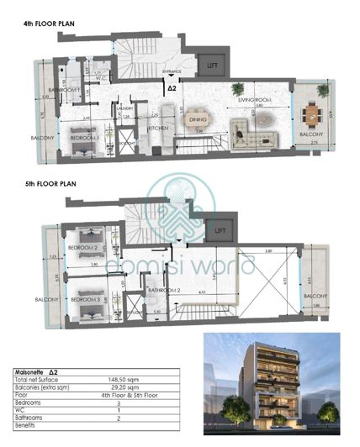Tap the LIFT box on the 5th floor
(x=220, y=229)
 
